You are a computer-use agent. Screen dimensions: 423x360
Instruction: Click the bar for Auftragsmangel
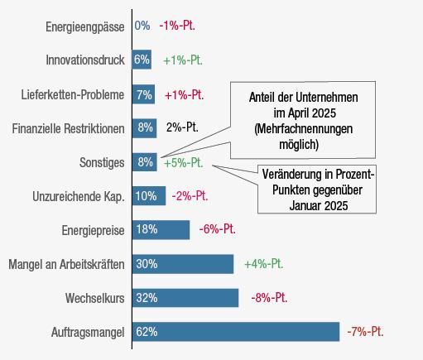tap(236, 332)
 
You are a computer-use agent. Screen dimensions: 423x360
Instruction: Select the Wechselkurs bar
tap(185, 298)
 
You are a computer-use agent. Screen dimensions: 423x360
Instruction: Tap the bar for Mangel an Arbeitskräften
tap(183, 264)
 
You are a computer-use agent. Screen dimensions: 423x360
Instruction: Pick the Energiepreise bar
tap(161, 230)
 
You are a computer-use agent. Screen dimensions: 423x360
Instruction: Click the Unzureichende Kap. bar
tap(149, 196)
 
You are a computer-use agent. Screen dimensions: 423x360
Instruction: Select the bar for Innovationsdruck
tap(142, 60)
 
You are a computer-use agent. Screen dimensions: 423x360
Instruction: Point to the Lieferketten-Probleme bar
tap(143, 94)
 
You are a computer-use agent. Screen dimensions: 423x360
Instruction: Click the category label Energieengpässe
tap(85, 27)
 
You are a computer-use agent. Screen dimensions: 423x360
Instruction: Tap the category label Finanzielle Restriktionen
tap(68, 128)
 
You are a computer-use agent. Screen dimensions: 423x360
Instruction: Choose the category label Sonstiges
tap(102, 162)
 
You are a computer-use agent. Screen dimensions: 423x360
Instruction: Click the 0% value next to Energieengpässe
tap(142, 26)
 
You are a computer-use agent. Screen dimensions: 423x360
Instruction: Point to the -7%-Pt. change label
tap(365, 331)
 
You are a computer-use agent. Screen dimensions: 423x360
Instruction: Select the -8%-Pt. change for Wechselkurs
tap(269, 298)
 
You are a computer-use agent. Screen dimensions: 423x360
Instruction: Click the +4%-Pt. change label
tap(264, 264)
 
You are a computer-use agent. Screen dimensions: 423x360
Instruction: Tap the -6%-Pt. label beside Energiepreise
tap(218, 229)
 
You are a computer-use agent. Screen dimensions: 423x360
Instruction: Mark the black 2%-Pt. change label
tap(182, 127)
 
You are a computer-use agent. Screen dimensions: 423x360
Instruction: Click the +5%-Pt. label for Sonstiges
tap(184, 163)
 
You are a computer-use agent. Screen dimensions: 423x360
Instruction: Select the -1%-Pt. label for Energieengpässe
tap(177, 26)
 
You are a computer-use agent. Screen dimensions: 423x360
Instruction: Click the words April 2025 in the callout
tap(312, 113)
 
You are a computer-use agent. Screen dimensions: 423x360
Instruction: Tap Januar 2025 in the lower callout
tap(319, 206)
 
